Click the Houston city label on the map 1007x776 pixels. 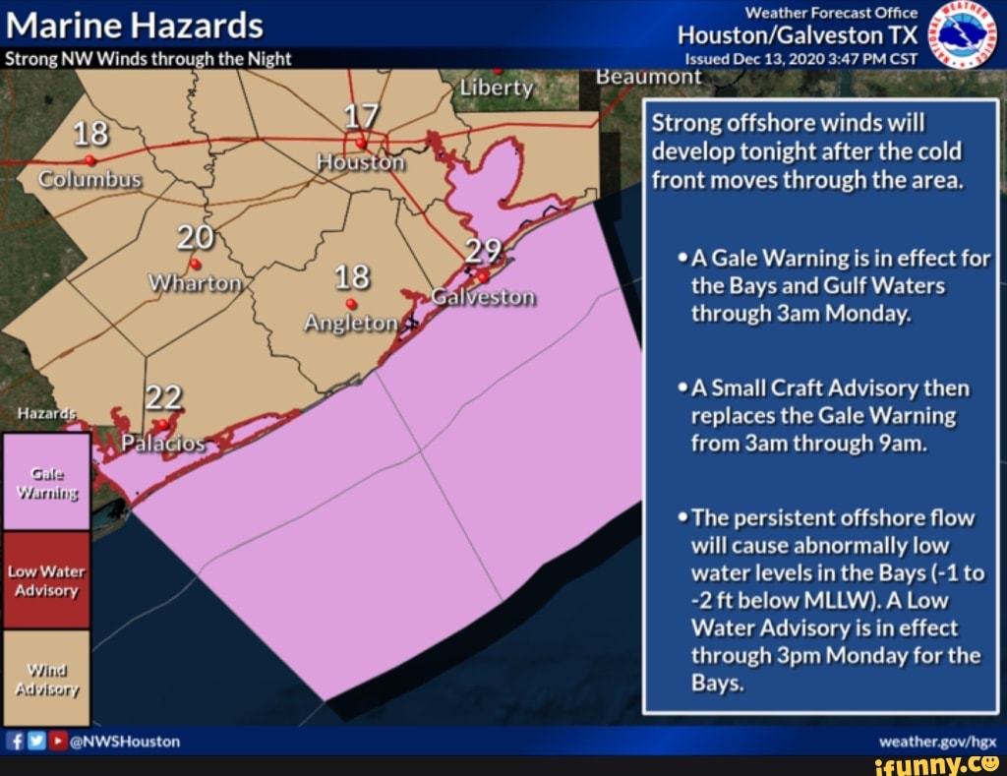pyautogui.click(x=361, y=162)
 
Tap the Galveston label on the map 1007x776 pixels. pyautogui.click(x=484, y=297)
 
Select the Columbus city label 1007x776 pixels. pyautogui.click(x=90, y=181)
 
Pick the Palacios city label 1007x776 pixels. pyautogui.click(x=163, y=444)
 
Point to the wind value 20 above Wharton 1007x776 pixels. pyautogui.click(x=195, y=238)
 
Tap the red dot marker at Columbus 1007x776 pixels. pyautogui.click(x=89, y=160)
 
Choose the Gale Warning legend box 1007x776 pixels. pyautogui.click(x=46, y=482)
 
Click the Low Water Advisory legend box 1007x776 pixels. pyautogui.click(x=46, y=580)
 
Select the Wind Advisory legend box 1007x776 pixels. pyautogui.click(x=46, y=678)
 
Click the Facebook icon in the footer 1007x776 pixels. pyautogui.click(x=16, y=742)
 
